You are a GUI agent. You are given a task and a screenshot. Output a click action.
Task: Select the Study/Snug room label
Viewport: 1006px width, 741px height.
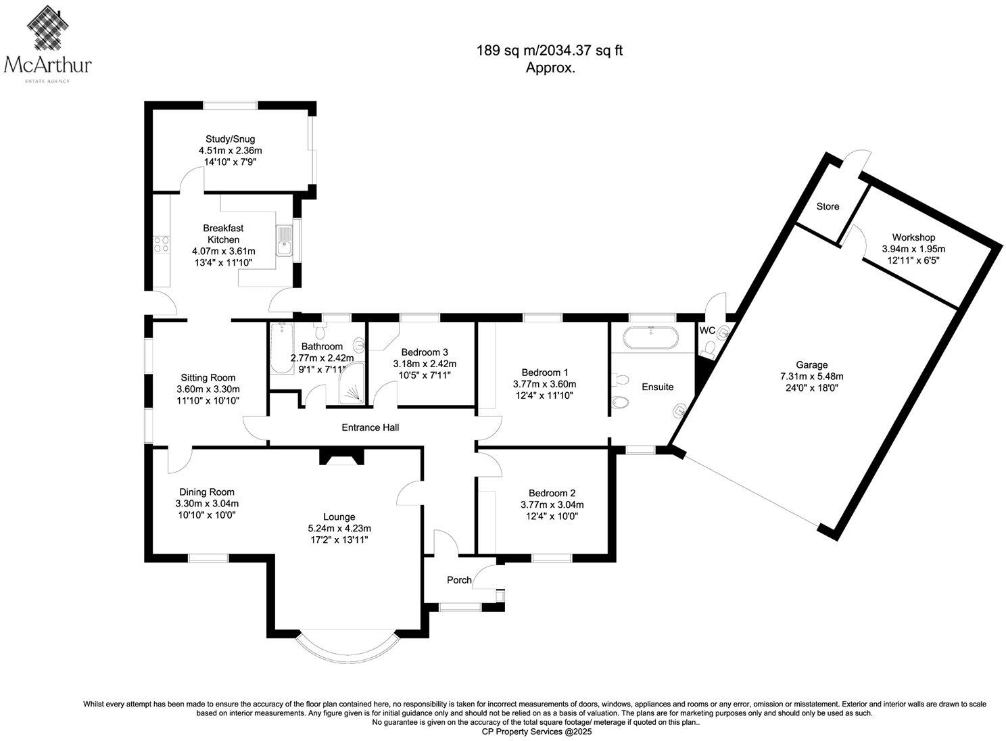(221, 140)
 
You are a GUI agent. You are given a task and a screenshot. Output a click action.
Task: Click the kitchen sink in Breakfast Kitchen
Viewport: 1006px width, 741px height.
(284, 241)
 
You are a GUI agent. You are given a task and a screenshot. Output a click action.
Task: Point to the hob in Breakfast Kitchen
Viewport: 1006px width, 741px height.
(161, 243)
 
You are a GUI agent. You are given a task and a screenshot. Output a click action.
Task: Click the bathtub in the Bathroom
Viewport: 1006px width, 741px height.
(279, 348)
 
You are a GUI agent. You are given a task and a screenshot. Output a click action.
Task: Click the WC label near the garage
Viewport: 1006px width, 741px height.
(707, 331)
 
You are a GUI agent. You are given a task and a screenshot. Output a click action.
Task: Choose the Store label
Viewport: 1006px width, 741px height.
(828, 206)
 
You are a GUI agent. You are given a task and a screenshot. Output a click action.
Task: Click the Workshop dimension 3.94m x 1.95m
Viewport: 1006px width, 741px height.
(913, 249)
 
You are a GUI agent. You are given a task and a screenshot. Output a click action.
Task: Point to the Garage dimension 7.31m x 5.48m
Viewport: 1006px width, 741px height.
(811, 377)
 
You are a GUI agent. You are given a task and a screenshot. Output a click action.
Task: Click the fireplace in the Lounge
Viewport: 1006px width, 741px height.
(341, 458)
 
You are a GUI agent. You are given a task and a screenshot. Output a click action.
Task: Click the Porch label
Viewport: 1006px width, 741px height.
(459, 580)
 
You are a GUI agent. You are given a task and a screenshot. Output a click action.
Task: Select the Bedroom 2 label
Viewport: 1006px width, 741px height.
(552, 494)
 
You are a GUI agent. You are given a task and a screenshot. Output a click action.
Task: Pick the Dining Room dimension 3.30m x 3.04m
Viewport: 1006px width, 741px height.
(207, 504)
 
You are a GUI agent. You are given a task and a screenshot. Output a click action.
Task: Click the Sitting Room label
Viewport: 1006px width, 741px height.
(208, 378)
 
